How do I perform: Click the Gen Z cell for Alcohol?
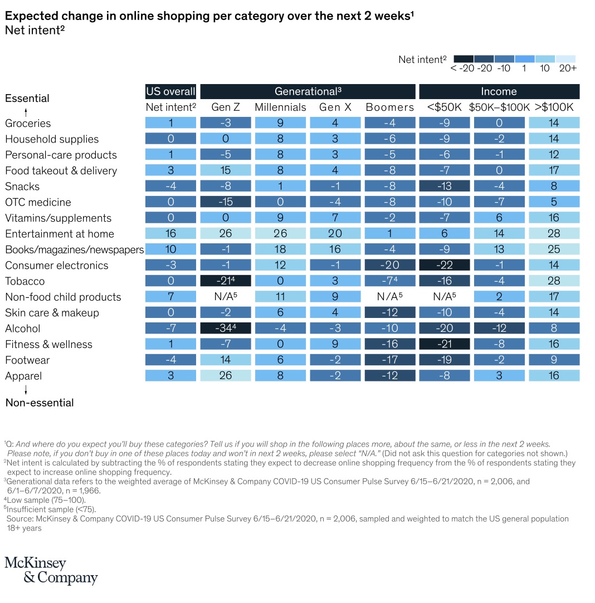[x=226, y=329]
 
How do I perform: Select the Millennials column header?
[x=280, y=107]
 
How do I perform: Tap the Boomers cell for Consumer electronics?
[x=390, y=266]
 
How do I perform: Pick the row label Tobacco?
[x=25, y=281]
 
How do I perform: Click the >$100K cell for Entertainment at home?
[x=554, y=234]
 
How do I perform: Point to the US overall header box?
[x=170, y=91]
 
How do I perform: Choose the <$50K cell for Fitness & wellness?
[x=445, y=344]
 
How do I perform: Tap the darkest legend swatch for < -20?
[x=464, y=58]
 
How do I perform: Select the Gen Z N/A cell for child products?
[x=226, y=297]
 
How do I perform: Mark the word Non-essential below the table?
[x=40, y=403]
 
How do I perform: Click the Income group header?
[x=499, y=91]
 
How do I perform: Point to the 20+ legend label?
[x=568, y=68]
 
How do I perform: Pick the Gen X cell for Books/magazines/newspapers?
[x=335, y=249]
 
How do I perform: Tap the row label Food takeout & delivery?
[x=61, y=171]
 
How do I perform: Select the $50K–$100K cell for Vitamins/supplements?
[x=499, y=218]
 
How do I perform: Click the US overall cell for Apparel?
[x=170, y=376]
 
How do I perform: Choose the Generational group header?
[x=308, y=91]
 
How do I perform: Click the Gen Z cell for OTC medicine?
[x=226, y=202]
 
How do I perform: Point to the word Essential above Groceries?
[x=27, y=99]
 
